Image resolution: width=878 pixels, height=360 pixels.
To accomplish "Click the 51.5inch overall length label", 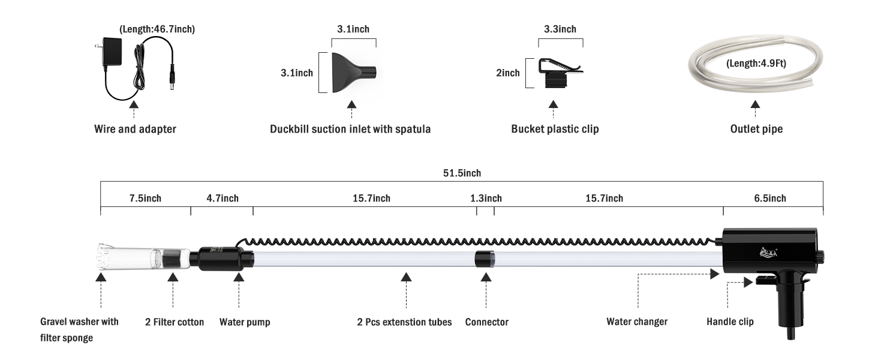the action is point(462,173).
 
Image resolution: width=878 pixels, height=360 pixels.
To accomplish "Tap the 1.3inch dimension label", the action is point(486,198).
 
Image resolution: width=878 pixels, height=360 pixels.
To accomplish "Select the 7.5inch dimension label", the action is point(145,198).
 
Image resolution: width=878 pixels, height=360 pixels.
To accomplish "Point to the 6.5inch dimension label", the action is point(770,198).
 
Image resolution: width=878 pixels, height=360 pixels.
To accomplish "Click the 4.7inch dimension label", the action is point(222,198).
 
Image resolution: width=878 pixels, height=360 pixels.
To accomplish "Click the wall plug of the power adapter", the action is point(109,52).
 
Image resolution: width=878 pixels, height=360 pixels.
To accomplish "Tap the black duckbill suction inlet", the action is point(354,73).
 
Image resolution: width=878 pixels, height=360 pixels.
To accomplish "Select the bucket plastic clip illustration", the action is point(560,73).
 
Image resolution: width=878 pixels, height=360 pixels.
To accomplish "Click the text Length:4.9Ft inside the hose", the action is point(756,64).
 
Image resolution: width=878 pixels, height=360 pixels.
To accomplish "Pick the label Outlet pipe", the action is point(756,129).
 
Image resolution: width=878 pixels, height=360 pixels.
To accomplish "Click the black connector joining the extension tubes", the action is point(485,259).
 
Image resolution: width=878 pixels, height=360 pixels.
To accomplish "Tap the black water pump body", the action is point(225,259).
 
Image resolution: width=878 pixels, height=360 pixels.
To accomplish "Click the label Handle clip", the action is point(730,322).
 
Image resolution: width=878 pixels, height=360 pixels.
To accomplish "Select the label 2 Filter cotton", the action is point(175,322).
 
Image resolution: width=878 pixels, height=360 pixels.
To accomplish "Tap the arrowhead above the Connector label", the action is point(486,277).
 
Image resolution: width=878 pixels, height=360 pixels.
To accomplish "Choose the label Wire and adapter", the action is point(135,129).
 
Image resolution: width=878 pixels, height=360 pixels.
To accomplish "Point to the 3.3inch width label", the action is point(560,29).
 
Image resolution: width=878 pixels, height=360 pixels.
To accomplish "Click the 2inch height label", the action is point(508,73).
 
